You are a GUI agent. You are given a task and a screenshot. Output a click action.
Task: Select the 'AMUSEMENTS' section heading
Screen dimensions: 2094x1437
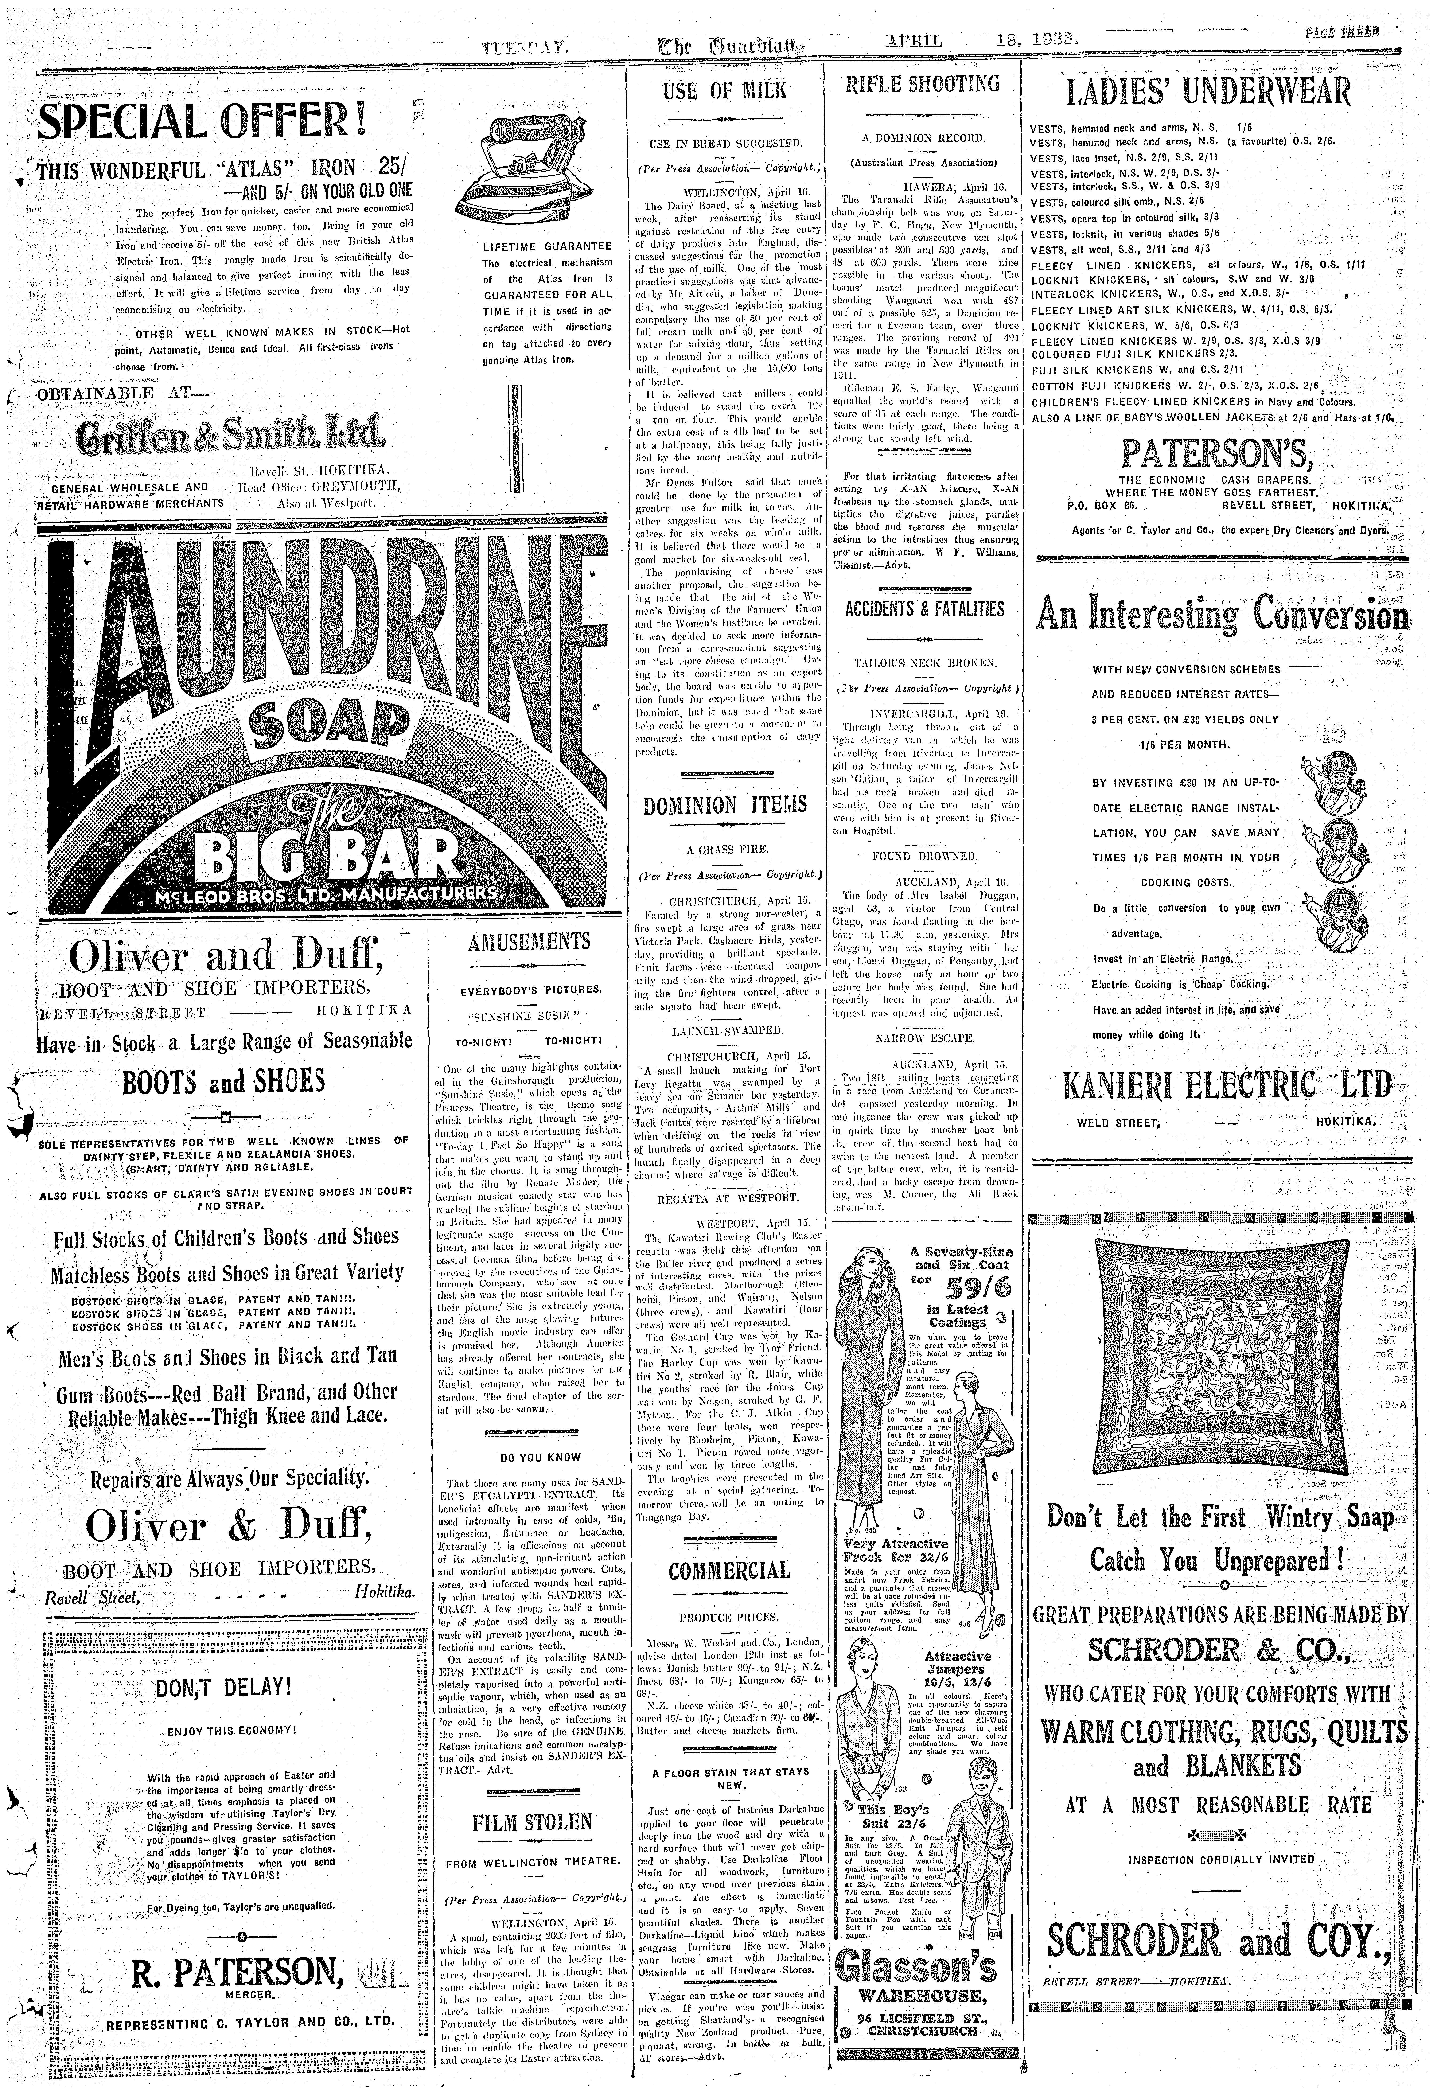point(529,943)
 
